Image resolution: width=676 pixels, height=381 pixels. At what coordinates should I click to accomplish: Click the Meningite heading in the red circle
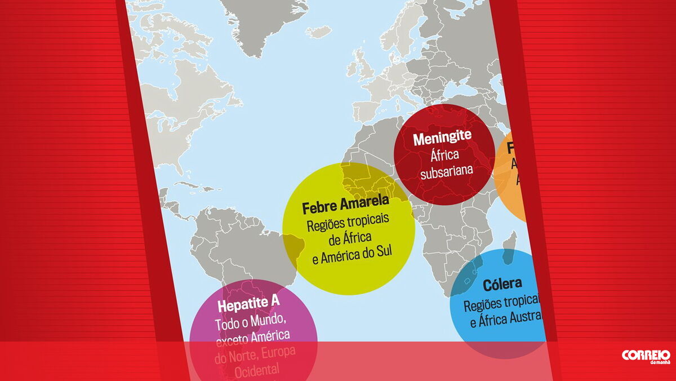(x=442, y=139)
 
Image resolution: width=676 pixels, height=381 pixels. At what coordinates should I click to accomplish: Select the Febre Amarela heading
(x=345, y=207)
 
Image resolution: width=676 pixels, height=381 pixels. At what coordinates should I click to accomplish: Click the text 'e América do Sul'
(x=352, y=260)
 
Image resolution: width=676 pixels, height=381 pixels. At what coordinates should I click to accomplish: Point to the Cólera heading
(x=502, y=284)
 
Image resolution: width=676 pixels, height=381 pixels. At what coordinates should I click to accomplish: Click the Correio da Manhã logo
(x=646, y=357)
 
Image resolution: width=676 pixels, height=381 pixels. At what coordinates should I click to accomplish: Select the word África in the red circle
(x=445, y=155)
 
